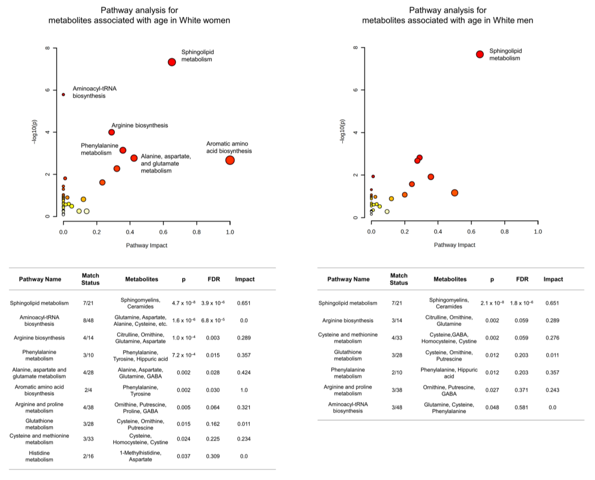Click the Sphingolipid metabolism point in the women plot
pyautogui.click(x=172, y=62)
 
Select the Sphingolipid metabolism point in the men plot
pyautogui.click(x=480, y=54)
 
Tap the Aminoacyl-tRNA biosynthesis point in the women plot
pyautogui.click(x=63, y=94)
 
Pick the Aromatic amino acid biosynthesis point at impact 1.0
pyautogui.click(x=230, y=160)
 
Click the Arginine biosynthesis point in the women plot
pyautogui.click(x=111, y=132)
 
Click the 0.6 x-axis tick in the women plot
pyautogui.click(x=163, y=232)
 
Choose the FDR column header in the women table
pyautogui.click(x=214, y=279)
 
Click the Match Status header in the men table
pyautogui.click(x=399, y=279)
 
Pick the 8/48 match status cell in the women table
pyautogui.click(x=88, y=320)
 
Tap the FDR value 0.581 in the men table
pyautogui.click(x=521, y=407)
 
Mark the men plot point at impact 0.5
pyautogui.click(x=455, y=193)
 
